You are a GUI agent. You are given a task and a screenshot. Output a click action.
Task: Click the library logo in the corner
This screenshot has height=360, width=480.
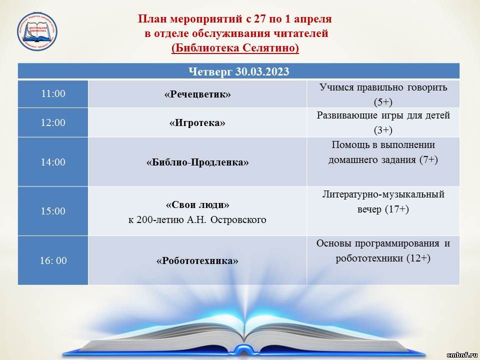(x=37, y=31)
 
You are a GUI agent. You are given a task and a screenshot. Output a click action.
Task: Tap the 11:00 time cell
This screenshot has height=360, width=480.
(x=53, y=93)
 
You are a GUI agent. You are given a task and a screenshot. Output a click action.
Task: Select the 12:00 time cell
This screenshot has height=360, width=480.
(x=53, y=122)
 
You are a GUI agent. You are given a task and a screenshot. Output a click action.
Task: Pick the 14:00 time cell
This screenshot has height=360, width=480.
(x=53, y=161)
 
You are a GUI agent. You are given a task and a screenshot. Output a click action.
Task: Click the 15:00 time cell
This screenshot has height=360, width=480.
(x=53, y=211)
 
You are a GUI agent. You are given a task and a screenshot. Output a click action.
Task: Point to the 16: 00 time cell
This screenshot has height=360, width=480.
(x=53, y=260)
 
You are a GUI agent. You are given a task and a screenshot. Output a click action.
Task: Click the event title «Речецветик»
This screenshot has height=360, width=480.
(x=197, y=94)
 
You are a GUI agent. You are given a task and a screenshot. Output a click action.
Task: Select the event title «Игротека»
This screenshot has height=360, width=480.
(x=197, y=123)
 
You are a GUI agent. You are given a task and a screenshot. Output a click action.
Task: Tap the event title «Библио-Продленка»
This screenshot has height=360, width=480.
(x=197, y=162)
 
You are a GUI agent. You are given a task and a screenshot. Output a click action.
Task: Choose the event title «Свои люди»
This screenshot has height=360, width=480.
(x=197, y=204)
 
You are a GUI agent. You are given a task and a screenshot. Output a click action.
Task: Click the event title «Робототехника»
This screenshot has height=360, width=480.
(x=197, y=261)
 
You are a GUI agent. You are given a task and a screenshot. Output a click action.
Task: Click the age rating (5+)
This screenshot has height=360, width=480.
(x=383, y=102)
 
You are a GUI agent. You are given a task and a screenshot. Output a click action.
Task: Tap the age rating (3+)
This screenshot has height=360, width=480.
(x=383, y=130)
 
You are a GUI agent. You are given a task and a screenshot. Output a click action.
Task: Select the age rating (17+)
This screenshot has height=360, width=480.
(x=396, y=209)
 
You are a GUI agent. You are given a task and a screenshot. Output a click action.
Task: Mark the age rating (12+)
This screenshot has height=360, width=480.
(x=418, y=258)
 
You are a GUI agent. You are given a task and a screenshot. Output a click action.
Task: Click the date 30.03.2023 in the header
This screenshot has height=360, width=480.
(x=262, y=71)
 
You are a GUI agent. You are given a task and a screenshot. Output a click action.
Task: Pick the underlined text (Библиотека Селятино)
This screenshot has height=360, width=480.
(x=235, y=48)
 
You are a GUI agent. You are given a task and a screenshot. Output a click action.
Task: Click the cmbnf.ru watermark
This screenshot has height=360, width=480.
(x=462, y=355)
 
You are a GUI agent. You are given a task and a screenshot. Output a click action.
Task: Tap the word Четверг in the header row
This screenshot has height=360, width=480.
(x=210, y=71)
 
